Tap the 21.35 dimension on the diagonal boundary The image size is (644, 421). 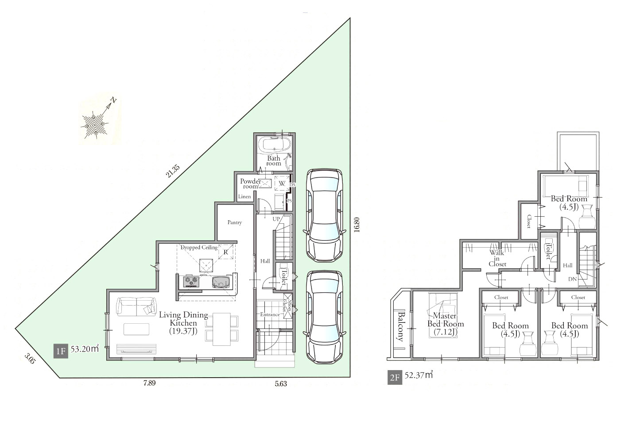[173, 171]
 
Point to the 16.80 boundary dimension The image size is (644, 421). [357, 225]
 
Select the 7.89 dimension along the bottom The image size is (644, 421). [150, 383]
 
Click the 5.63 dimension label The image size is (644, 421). [281, 384]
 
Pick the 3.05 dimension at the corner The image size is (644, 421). [30, 359]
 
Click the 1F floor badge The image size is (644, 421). [61, 351]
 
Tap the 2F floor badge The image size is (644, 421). [395, 377]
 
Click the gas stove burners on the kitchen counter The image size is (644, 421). [191, 282]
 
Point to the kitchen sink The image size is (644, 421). [221, 282]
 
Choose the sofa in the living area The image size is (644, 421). [136, 307]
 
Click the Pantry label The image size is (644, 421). [235, 222]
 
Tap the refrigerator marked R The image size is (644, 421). [226, 252]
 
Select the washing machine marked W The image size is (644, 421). [282, 183]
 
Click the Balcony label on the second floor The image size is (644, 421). [400, 326]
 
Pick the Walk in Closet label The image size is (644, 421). [497, 258]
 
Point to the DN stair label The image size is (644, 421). [572, 279]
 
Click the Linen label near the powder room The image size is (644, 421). [244, 197]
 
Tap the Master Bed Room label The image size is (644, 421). [445, 324]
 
